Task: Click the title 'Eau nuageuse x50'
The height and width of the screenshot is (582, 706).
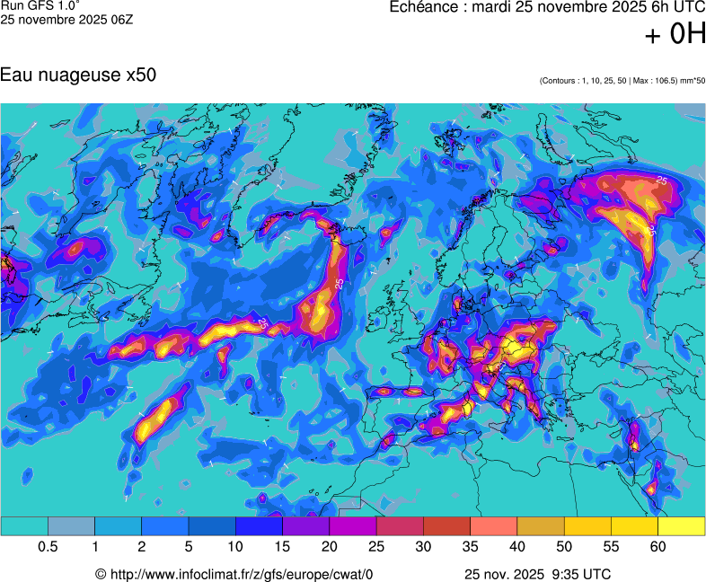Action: tap(78, 75)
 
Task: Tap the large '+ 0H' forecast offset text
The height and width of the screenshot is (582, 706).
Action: tap(675, 34)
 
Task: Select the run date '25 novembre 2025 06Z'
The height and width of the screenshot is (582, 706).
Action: tap(66, 19)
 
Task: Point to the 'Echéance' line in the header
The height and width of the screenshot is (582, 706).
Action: tap(547, 7)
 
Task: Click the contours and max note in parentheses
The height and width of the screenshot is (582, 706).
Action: tap(622, 81)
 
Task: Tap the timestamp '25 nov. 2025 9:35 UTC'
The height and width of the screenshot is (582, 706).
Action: tap(538, 574)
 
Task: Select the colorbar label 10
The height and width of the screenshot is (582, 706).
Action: tap(235, 547)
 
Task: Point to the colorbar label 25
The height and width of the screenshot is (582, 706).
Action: tap(376, 547)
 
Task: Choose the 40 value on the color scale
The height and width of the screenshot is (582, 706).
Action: tap(517, 547)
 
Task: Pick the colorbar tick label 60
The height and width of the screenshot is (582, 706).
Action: tap(658, 547)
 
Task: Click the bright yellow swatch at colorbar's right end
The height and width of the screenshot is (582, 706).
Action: tap(682, 526)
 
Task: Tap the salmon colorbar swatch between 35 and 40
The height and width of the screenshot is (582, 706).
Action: tap(494, 526)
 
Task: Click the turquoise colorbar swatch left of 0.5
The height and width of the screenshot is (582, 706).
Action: tap(24, 526)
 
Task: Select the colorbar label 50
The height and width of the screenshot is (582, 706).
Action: tap(564, 547)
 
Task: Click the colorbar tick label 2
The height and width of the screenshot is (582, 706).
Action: tap(142, 547)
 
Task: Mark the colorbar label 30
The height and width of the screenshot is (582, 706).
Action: tap(423, 547)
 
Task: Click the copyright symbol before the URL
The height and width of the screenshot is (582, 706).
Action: tap(101, 574)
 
